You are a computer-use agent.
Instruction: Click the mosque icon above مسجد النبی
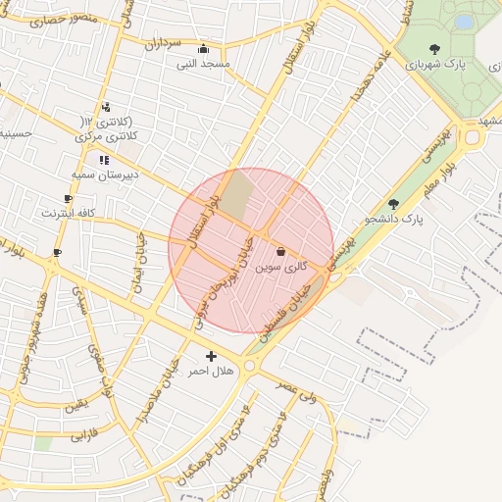coord(203,49)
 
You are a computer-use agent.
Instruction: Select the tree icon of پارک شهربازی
coord(434,48)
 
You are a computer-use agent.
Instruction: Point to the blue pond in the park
coord(463,21)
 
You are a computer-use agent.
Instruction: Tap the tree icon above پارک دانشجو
coord(393,204)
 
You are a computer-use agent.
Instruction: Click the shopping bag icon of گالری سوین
coord(281,251)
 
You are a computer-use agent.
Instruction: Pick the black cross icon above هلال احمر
coord(211,356)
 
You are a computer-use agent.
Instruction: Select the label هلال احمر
coord(211,372)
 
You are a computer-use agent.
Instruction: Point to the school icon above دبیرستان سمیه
coord(103,159)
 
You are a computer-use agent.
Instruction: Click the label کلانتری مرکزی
coord(107,137)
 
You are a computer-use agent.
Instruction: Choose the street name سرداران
coord(165,43)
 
